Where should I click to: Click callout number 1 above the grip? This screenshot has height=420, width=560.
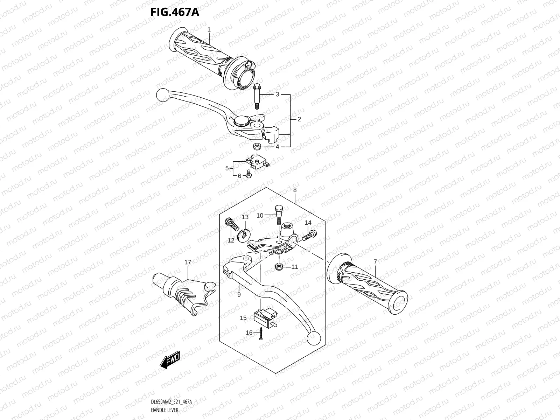(209, 30)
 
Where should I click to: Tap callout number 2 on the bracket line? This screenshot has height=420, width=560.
(299, 119)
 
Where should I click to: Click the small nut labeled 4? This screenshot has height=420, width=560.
(257, 145)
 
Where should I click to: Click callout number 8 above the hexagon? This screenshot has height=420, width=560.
(295, 190)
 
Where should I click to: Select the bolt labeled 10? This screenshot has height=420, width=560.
(278, 215)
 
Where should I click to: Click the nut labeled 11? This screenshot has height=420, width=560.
(279, 267)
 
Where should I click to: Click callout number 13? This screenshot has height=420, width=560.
(245, 217)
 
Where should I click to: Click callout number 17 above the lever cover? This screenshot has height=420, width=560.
(188, 262)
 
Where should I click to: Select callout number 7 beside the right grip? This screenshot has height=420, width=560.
(375, 261)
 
